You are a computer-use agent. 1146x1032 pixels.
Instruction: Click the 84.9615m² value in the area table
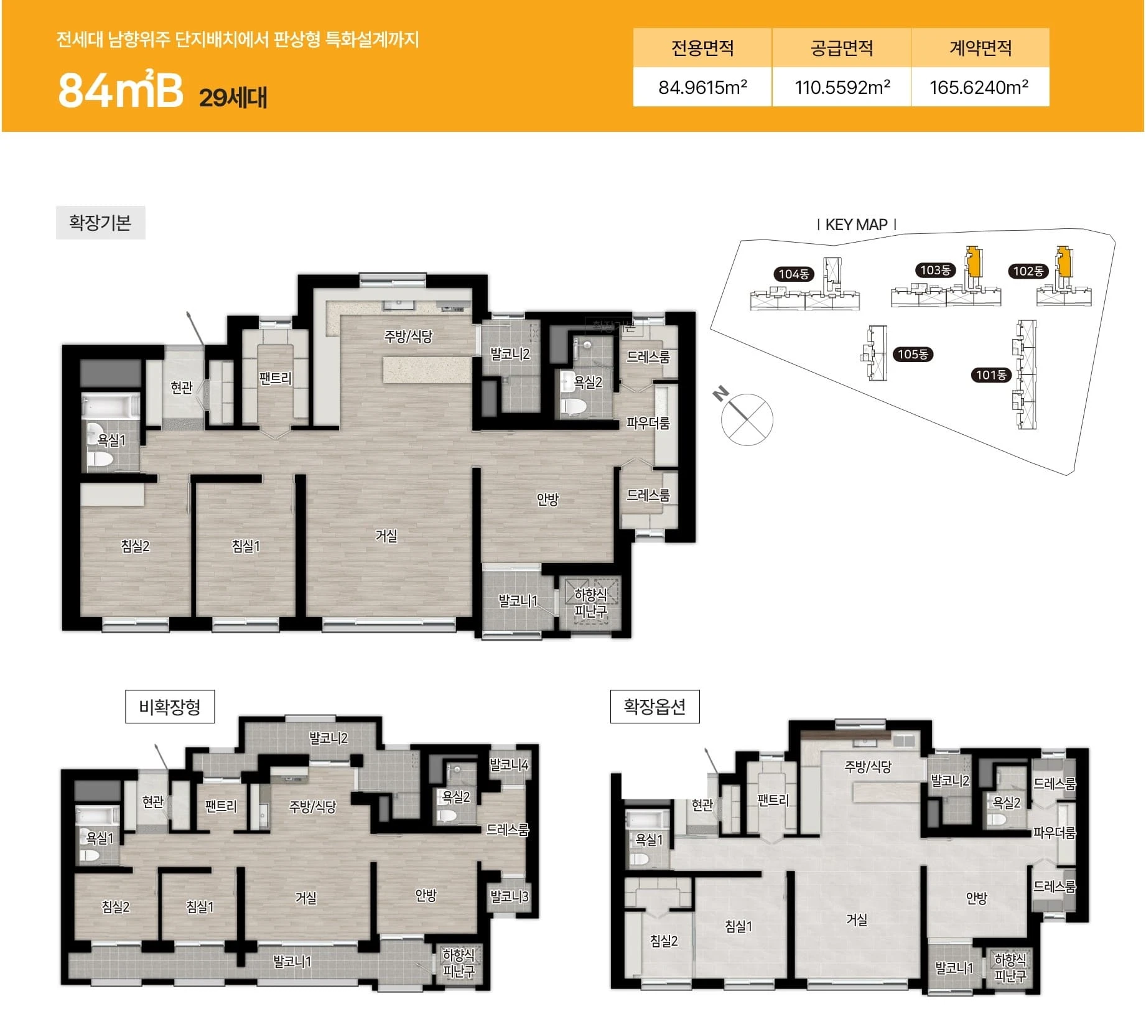pyautogui.click(x=702, y=87)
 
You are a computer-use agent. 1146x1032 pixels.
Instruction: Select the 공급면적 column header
pyautogui.click(x=842, y=48)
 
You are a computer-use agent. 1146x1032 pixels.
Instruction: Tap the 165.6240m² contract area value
pyautogui.click(x=979, y=87)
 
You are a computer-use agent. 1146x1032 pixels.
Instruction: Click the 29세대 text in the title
pyautogui.click(x=233, y=97)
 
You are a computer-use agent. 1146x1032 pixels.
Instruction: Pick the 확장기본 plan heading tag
pyautogui.click(x=100, y=223)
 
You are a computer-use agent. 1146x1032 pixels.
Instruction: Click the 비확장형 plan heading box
pyautogui.click(x=170, y=707)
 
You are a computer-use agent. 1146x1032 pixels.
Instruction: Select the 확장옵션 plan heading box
pyautogui.click(x=655, y=707)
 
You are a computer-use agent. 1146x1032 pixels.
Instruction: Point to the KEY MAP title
pyautogui.click(x=856, y=225)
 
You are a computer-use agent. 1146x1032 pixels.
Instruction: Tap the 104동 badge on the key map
pyautogui.click(x=794, y=274)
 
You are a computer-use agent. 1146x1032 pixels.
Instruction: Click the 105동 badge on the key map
pyautogui.click(x=913, y=355)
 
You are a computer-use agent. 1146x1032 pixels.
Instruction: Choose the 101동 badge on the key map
pyautogui.click(x=991, y=375)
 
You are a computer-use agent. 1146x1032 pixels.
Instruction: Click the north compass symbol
pyautogui.click(x=745, y=417)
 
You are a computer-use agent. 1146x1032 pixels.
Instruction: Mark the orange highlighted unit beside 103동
pyautogui.click(x=974, y=262)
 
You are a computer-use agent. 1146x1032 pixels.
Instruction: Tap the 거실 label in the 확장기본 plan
pyautogui.click(x=386, y=536)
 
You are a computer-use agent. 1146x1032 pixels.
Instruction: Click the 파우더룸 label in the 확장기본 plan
pyautogui.click(x=648, y=424)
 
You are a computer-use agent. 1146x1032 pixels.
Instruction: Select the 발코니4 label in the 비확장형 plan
pyautogui.click(x=509, y=765)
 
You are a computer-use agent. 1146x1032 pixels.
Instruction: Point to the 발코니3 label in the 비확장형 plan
pyautogui.click(x=509, y=896)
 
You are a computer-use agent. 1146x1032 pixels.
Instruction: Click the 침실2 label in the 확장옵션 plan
pyautogui.click(x=664, y=941)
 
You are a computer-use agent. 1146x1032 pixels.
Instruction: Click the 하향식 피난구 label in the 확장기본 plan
pyautogui.click(x=590, y=603)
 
